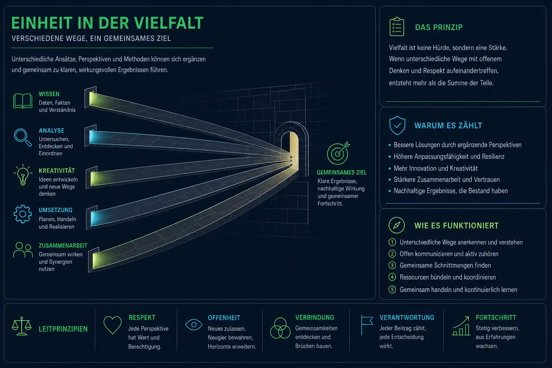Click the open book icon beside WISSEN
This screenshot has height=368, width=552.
point(22,101)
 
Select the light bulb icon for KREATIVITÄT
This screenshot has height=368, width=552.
point(23,175)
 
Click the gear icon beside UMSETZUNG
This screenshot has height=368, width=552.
point(23,214)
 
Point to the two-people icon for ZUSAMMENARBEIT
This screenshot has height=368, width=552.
point(23,250)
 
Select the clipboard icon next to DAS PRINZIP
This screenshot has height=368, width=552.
point(397,27)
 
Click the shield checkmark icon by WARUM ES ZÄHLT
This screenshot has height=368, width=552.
point(397,125)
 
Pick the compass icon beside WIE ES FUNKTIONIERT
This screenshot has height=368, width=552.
point(396,225)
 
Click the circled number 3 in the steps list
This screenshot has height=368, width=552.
point(392,265)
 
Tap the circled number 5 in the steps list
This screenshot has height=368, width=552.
point(392,289)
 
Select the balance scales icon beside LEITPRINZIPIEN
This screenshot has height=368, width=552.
point(22,326)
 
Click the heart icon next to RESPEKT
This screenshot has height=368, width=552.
point(112,325)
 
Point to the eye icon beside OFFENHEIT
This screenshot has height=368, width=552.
point(194,325)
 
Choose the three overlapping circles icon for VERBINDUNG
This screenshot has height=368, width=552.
point(280,328)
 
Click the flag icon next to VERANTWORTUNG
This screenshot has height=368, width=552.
point(367,325)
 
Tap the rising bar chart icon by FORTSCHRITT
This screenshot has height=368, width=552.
point(461,326)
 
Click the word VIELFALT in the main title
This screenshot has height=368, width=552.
point(169,23)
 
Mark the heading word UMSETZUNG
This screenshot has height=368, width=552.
point(55,210)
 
